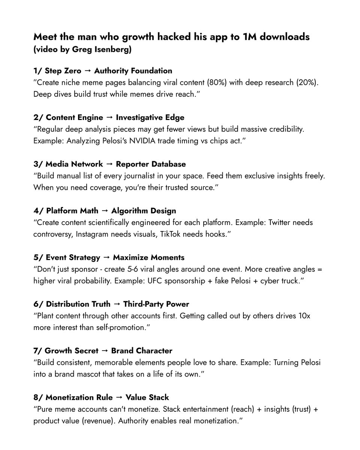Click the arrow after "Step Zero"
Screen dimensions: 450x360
tap(88, 71)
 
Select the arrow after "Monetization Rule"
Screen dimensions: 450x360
tap(120, 397)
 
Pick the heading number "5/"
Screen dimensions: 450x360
tap(38, 258)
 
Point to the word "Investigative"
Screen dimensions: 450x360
tap(140, 117)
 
